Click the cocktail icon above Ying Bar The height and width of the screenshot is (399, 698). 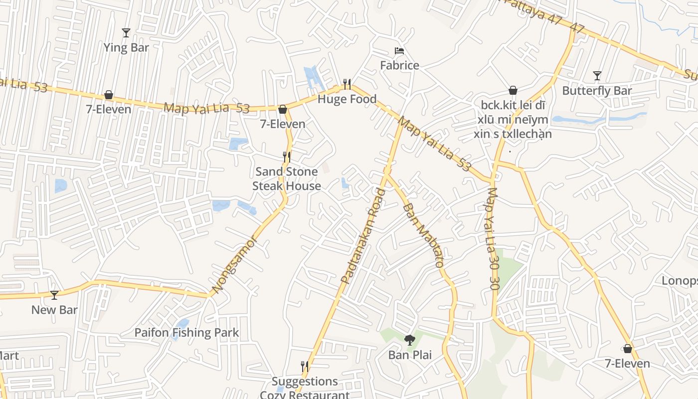pos(126,33)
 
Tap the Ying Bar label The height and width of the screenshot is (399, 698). pos(126,48)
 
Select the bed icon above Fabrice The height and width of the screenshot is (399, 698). pos(399,51)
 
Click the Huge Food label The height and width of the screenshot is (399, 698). pos(347,99)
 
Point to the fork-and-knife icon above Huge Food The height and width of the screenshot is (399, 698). pos(347,84)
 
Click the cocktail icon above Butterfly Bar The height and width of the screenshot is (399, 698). pos(597,76)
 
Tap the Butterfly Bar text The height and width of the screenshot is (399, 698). pos(597,91)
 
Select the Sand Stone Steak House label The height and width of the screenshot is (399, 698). pos(286,179)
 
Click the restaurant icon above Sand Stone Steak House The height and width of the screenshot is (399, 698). pos(286,157)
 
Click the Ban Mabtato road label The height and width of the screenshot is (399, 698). pos(423,235)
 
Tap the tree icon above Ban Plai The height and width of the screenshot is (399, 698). pos(410,340)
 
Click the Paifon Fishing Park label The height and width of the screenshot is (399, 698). pos(186,333)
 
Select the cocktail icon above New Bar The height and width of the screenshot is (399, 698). pos(54,295)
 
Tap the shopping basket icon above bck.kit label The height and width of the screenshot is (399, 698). pos(513,90)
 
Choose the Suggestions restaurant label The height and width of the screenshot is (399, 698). pos(305,382)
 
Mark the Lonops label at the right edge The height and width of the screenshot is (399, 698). pos(679,281)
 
